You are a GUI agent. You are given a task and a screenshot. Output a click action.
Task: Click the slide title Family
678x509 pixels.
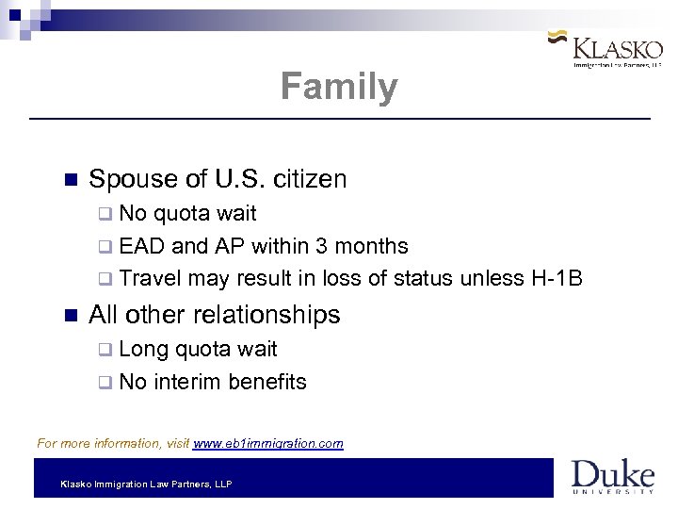point(339,87)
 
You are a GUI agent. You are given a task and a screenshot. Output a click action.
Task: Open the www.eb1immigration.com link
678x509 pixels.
point(268,443)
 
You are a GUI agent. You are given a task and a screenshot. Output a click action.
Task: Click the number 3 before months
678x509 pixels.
point(323,246)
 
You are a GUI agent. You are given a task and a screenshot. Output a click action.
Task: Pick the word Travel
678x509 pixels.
point(151,278)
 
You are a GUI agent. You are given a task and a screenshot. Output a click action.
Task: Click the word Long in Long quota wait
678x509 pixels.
point(144,349)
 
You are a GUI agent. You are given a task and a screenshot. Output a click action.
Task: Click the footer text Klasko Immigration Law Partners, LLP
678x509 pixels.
point(146,484)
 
